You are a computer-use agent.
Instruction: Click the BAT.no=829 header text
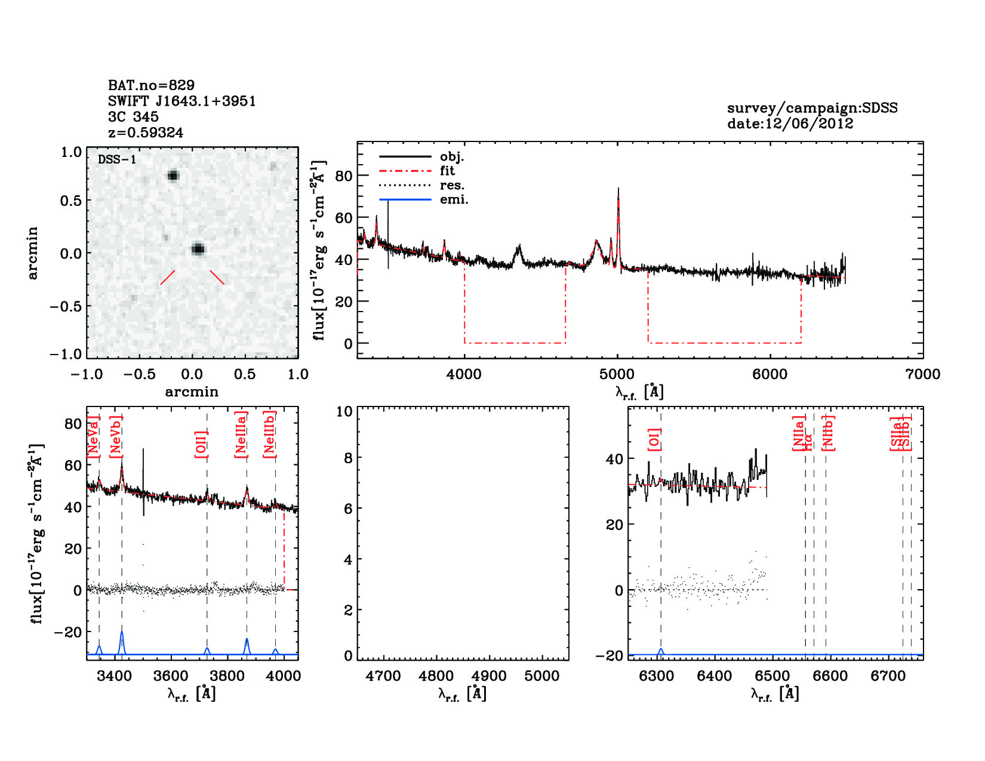point(151,85)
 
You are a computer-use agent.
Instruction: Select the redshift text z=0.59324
point(146,133)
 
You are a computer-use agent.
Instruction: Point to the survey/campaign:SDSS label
point(812,108)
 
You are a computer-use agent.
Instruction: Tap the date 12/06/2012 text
point(790,124)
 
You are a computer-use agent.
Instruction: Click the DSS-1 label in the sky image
point(117,159)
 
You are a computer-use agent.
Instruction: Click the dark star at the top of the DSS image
point(173,175)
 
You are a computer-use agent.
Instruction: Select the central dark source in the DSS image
point(198,249)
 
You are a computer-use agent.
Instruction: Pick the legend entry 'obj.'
point(452,157)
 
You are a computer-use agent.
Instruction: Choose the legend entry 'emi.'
point(454,200)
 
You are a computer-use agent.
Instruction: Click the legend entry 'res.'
point(452,186)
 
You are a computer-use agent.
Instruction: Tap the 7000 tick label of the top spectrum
point(923,374)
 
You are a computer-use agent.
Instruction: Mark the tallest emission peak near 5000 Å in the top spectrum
point(618,190)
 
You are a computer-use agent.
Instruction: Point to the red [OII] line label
point(201,444)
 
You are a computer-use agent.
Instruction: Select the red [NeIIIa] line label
point(241,435)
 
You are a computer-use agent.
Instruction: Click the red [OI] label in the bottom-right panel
point(654,440)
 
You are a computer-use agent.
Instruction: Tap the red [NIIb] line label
point(828,433)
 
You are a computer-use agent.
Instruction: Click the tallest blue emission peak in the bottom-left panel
point(122,633)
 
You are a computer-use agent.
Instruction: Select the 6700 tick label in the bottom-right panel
point(888,676)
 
